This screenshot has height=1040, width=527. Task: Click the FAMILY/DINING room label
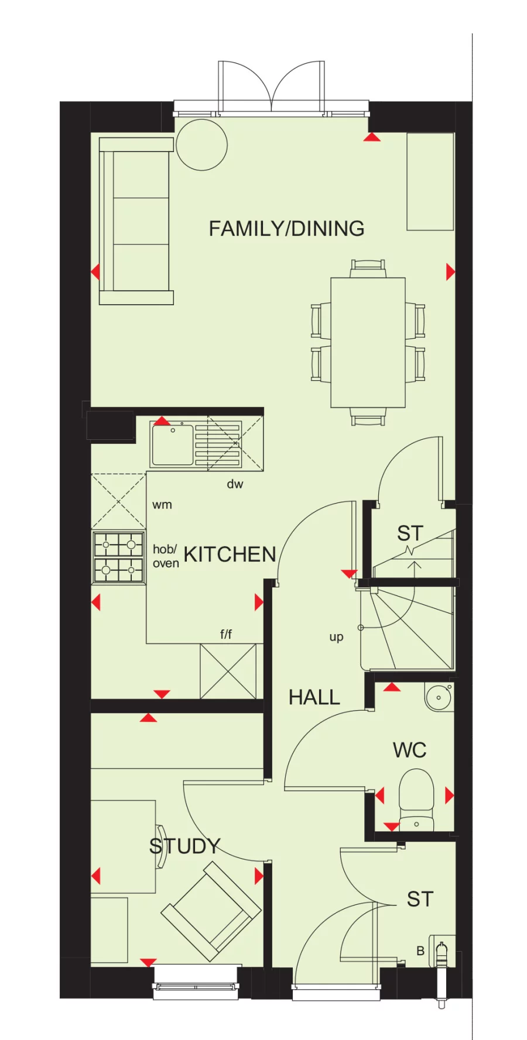286,229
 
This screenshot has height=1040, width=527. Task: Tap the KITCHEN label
230,555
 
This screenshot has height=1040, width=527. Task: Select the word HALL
314,697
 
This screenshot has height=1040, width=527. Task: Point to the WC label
409,750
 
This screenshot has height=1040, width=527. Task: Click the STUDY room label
184,846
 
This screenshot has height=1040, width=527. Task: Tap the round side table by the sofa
201,145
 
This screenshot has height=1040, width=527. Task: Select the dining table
368,342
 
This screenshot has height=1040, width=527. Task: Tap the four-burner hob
119,557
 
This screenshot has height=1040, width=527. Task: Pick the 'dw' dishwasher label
235,484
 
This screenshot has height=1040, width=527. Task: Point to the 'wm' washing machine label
162,505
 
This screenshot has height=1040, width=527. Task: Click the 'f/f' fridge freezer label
226,634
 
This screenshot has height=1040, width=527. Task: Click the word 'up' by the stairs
336,637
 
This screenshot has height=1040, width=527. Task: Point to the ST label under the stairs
410,533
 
